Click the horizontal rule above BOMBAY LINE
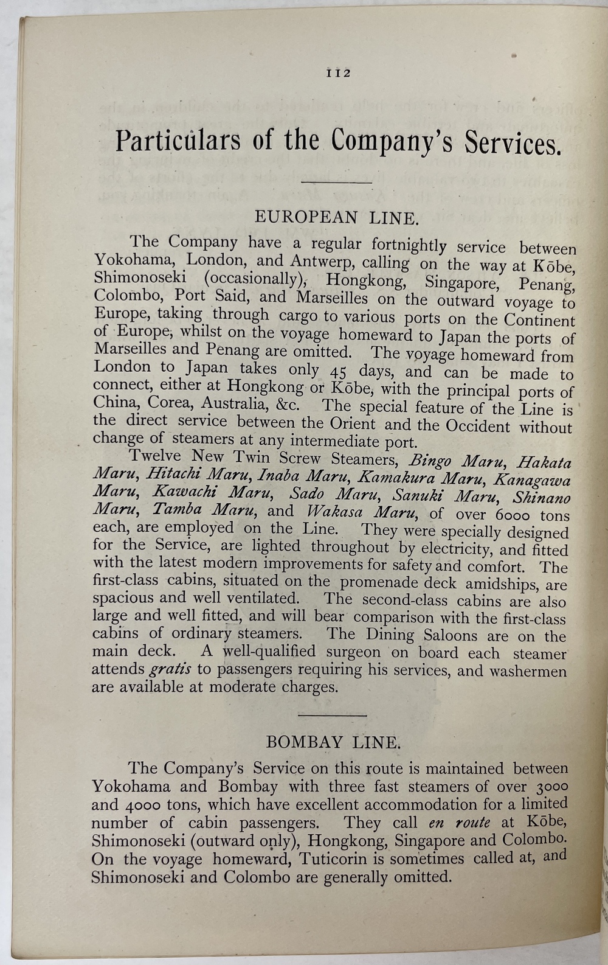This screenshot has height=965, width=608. pyautogui.click(x=333, y=715)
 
